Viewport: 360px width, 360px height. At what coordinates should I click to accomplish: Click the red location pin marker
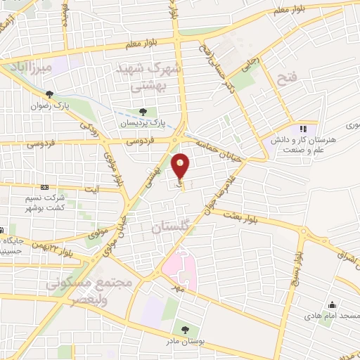181,166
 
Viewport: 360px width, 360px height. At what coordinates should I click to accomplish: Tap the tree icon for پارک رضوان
49,95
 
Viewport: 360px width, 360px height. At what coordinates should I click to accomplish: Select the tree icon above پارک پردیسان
143,111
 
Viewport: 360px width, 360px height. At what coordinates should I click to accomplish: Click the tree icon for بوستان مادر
186,329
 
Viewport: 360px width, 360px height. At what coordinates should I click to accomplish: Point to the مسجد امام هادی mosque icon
330,305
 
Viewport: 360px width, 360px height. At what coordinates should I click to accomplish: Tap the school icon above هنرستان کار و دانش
303,129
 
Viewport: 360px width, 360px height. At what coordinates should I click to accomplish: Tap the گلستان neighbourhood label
172,228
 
